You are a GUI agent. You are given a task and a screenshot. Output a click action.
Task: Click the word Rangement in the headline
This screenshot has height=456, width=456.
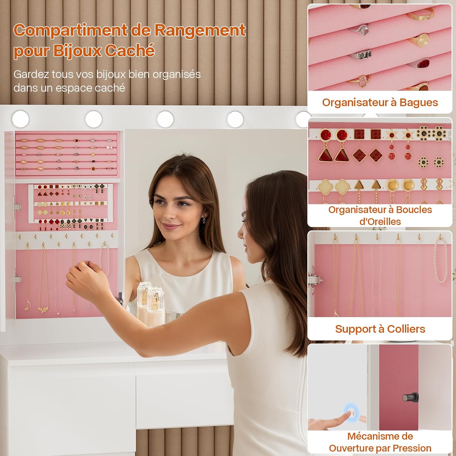click(200, 31)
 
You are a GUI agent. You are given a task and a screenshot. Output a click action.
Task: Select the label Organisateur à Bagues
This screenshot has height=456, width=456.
click(380, 102)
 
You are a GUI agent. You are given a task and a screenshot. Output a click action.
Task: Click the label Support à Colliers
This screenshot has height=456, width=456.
click(380, 329)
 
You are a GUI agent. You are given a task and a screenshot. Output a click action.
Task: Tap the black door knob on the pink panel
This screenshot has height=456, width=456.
click(410, 397)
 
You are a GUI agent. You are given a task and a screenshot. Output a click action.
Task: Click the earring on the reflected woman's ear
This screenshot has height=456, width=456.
click(204, 219)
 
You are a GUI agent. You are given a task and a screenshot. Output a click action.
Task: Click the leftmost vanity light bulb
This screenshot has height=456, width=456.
click(21, 119)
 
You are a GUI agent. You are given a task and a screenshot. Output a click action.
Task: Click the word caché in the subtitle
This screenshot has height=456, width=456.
click(110, 88)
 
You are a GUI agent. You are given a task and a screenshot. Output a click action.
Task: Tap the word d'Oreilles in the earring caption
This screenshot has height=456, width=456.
click(380, 222)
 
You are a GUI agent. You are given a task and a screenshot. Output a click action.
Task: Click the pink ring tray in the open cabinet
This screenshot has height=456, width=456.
click(66, 155)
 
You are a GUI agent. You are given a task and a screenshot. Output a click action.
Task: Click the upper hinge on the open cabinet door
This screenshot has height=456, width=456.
click(17, 207)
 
